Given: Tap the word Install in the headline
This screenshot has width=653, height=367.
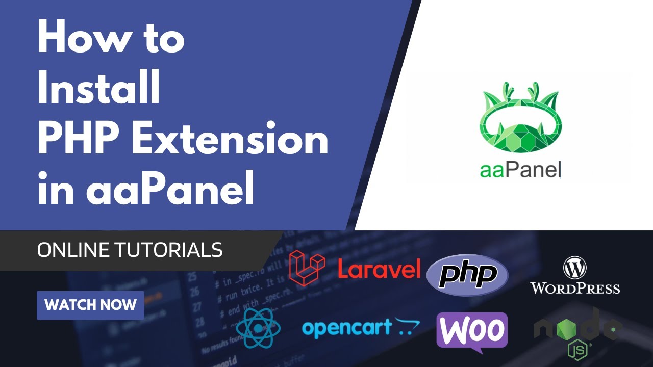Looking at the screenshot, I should coord(99,88).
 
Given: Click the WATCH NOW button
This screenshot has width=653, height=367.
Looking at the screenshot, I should coord(90,305).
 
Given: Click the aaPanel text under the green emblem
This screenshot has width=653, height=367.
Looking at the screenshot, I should coord(520,169).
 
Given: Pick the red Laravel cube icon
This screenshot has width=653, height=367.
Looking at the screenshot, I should coord(307,267).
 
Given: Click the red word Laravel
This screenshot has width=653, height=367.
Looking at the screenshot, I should coord(379,269).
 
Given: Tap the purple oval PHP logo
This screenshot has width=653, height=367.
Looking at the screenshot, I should coord(467,275).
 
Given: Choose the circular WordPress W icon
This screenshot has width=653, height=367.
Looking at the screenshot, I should coord(575,267).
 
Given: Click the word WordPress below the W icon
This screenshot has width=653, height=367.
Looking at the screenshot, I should coord(575,288).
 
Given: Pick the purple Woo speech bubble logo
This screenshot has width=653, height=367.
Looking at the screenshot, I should coord(472,331).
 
